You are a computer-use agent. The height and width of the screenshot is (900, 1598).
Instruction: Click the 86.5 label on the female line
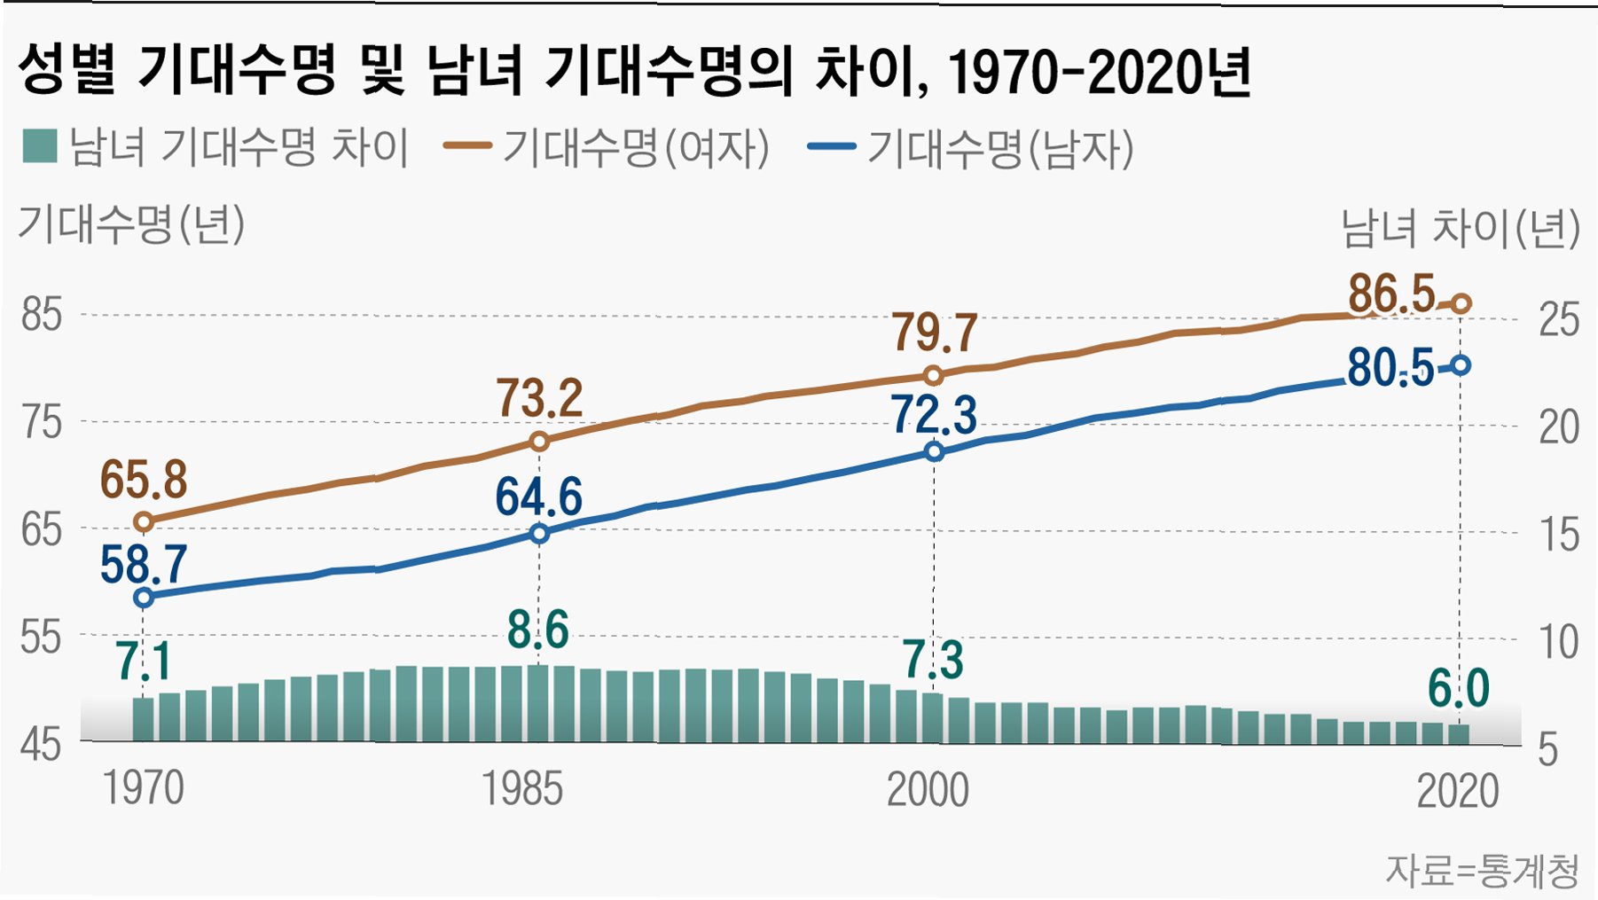(x=1391, y=293)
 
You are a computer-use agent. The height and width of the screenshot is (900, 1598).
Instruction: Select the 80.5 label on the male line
(x=1390, y=368)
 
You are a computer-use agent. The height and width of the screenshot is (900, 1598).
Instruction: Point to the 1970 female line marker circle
(x=144, y=521)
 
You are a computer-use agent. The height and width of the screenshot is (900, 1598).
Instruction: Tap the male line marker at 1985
(x=539, y=533)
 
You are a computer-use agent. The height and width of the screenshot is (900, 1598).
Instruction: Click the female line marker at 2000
(x=933, y=375)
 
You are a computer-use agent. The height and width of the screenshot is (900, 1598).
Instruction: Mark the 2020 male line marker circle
(x=1461, y=365)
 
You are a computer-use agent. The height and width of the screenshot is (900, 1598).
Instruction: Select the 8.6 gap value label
(x=538, y=630)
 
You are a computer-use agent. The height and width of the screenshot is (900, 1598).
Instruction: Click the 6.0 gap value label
(x=1459, y=689)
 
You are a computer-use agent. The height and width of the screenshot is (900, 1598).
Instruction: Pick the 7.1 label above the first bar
(x=143, y=661)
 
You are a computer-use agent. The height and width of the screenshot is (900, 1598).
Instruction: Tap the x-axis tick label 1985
(x=522, y=789)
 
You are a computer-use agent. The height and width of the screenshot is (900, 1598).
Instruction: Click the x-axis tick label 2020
(x=1458, y=791)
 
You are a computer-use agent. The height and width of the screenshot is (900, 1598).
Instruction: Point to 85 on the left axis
(x=42, y=316)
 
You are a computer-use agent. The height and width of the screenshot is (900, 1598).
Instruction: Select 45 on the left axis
(x=42, y=745)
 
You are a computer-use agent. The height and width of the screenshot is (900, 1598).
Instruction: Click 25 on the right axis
(x=1559, y=320)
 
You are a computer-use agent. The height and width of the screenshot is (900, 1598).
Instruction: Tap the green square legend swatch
(x=40, y=146)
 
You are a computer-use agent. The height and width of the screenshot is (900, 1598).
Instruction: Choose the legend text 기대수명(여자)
(x=636, y=147)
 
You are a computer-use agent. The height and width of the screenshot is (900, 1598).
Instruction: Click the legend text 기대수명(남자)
(x=1000, y=147)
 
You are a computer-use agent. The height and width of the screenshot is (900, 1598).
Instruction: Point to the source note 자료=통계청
(x=1483, y=871)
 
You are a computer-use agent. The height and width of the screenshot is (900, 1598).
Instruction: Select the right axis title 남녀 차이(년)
(x=1461, y=228)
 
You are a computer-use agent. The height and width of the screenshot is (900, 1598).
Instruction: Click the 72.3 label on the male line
(x=935, y=415)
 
